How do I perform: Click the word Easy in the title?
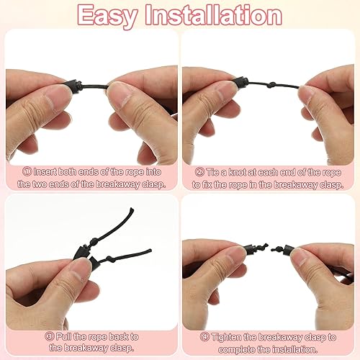click(107, 17)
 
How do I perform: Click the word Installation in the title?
click(214, 15)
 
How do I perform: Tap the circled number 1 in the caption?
click(27, 171)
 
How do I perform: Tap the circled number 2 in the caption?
click(199, 172)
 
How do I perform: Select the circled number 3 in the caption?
click(49, 336)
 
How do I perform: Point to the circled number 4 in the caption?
click(204, 337)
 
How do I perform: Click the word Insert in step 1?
click(45, 172)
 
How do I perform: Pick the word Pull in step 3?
click(63, 337)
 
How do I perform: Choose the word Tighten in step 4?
click(226, 338)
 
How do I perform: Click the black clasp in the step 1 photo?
click(73, 85)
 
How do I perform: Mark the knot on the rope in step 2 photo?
click(271, 85)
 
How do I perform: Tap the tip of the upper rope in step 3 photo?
click(132, 210)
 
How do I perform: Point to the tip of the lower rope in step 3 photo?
click(150, 251)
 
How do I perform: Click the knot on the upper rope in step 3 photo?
click(94, 241)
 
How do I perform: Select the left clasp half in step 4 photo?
click(251, 249)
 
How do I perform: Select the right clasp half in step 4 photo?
click(290, 250)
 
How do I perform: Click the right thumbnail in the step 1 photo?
click(120, 95)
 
